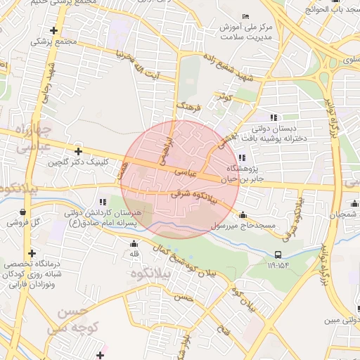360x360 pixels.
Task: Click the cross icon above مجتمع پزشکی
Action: (x=54, y=30)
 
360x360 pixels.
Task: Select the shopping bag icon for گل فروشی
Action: (x=24, y=211)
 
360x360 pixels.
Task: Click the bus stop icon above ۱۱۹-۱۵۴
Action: (x=278, y=255)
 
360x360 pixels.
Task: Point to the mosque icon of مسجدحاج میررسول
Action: (x=243, y=215)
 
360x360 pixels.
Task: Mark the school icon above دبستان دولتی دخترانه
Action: (x=274, y=117)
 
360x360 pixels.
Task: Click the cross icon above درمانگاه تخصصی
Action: (x=31, y=253)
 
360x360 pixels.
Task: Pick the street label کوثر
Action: (x=225, y=97)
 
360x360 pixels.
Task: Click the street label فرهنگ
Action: (x=188, y=107)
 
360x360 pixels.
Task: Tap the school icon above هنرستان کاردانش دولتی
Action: (x=103, y=202)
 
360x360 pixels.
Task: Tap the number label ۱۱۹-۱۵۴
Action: (x=278, y=266)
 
